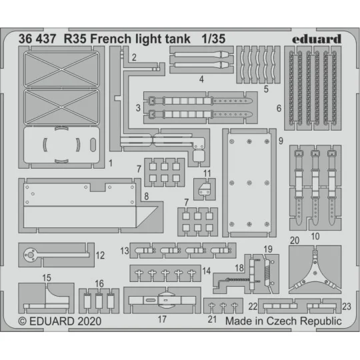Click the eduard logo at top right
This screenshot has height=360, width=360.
point(316,39)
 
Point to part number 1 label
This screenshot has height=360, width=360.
point(111,162)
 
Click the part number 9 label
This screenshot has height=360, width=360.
point(281,141)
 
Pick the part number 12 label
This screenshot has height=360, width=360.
point(100,254)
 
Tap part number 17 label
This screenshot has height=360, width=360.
point(161,319)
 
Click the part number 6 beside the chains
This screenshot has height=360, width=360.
point(279,109)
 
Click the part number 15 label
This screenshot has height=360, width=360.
point(47,277)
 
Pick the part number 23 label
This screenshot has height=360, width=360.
point(346,306)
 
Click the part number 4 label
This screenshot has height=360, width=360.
point(201,79)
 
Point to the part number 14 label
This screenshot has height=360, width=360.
point(207,272)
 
